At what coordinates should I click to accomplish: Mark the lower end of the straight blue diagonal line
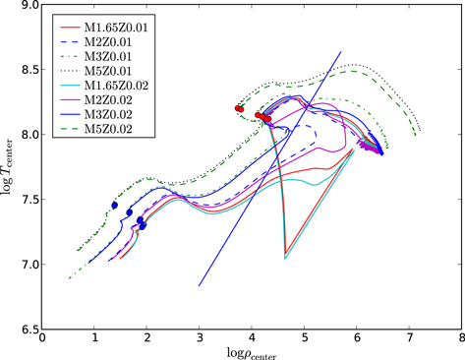(x=199, y=286)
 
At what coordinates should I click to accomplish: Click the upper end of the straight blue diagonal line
(x=341, y=51)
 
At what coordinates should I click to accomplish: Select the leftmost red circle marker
(x=239, y=109)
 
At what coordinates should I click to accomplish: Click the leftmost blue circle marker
(x=115, y=206)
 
